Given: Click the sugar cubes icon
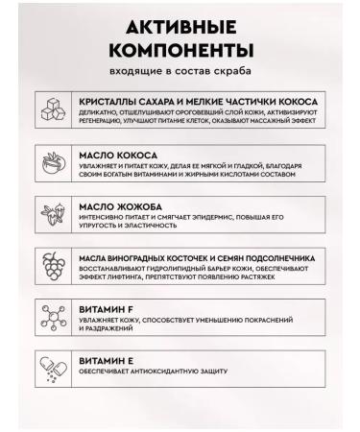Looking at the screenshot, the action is pyautogui.click(x=50, y=109).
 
